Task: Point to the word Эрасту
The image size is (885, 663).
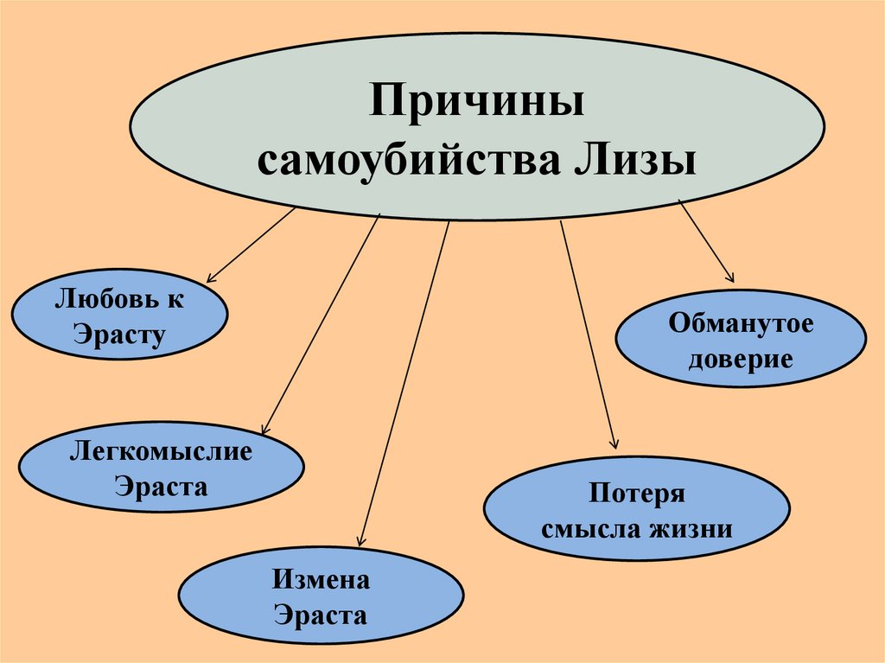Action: (119, 334)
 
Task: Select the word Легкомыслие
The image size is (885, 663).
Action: (162, 451)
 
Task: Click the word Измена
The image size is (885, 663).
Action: (321, 579)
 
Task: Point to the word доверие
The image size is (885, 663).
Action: (741, 358)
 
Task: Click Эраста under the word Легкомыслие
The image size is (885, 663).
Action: (162, 486)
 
